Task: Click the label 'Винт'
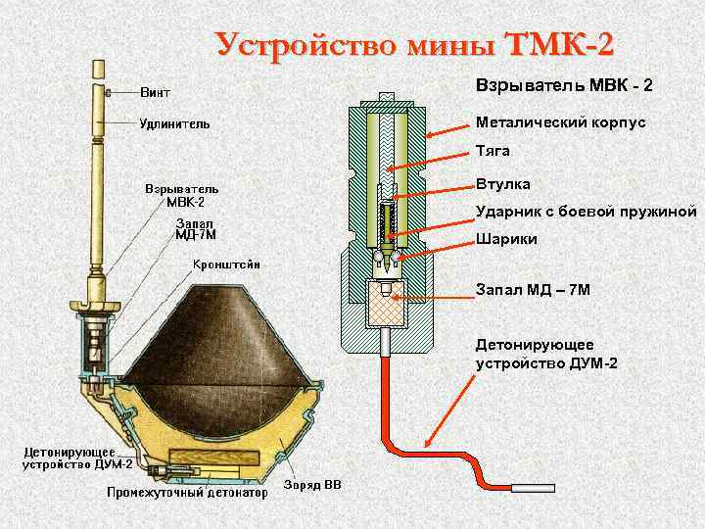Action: point(155,93)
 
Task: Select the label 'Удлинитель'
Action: point(172,123)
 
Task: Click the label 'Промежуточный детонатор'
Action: point(187,493)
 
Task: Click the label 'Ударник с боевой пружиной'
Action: point(586,211)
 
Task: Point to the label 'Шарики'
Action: point(505,239)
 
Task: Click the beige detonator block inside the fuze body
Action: point(387,309)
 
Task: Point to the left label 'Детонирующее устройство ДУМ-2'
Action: point(65,457)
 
